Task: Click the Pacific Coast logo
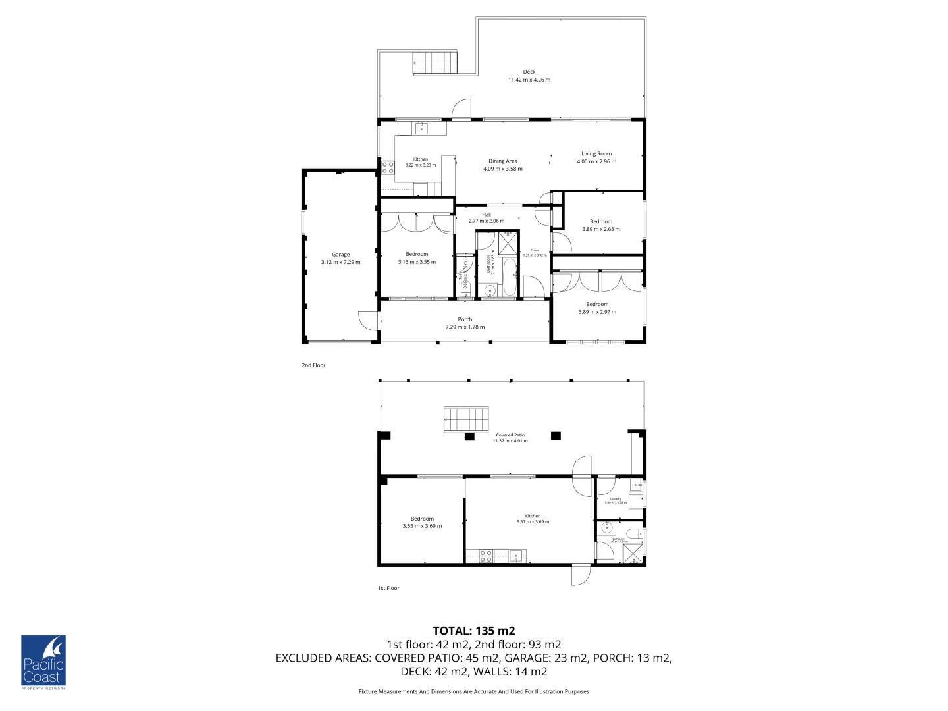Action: [43, 662]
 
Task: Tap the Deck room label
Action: [529, 72]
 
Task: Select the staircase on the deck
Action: [435, 63]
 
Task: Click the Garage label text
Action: [340, 255]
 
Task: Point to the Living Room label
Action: [596, 154]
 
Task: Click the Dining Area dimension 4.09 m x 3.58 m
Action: [503, 169]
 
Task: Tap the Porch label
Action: [465, 319]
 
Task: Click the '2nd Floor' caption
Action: [313, 365]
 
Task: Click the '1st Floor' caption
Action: [388, 588]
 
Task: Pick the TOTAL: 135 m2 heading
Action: [474, 631]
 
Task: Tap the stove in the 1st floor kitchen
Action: [486, 556]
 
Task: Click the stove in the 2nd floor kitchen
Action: [388, 167]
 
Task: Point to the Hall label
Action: [487, 215]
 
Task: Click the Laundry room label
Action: [616, 499]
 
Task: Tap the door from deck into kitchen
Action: [462, 109]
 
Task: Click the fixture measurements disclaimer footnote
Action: [474, 691]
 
